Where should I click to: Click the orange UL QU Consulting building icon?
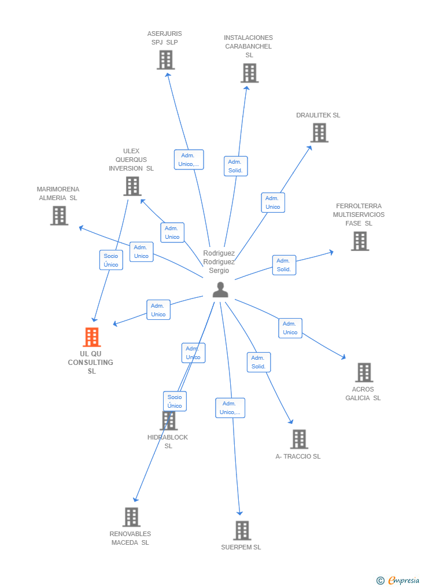92,337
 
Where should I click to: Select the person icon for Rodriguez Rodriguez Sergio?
220,290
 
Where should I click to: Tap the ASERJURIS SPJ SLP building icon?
165,60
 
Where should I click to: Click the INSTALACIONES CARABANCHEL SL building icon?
249,73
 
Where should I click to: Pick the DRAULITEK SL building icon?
319,132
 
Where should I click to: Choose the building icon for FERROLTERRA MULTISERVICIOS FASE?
360,241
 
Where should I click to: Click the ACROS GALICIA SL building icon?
364,372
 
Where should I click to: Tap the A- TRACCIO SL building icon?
299,440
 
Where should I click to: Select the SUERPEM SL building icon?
242,530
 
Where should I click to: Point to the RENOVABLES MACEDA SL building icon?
131,517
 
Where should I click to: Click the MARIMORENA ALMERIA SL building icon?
59,216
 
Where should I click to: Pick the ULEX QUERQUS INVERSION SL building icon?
132,186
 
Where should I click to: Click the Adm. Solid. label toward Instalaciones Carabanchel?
235,166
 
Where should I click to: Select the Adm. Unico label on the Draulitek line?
273,202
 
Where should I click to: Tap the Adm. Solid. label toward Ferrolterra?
284,265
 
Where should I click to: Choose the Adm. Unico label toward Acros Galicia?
290,328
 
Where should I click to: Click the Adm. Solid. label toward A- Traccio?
258,362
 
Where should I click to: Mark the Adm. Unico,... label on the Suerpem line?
230,408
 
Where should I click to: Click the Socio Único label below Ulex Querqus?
111,260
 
